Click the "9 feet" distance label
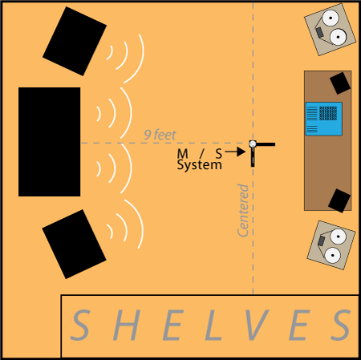click(160, 135)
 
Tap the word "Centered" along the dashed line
click(243, 211)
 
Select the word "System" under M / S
click(200, 165)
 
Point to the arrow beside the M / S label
click(235, 152)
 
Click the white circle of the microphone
click(253, 144)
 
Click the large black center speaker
click(50, 142)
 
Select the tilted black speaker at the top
click(75, 41)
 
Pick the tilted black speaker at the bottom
click(74, 244)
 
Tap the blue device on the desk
click(324, 119)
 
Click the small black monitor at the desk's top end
click(340, 83)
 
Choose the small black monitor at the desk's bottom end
click(339, 200)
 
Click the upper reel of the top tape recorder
click(331, 18)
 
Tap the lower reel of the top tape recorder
click(339, 37)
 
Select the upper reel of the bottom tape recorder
click(339, 237)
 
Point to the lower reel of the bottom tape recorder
click(332, 255)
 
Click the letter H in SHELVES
click(127, 326)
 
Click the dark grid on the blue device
click(328, 113)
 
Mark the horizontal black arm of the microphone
click(265, 144)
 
